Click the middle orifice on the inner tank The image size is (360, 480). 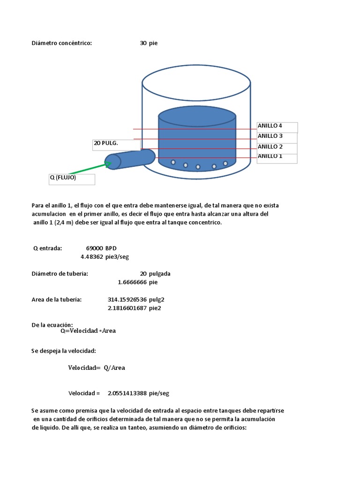tap(198, 167)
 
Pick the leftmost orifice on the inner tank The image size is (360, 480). tap(173, 162)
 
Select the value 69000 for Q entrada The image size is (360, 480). tap(95, 248)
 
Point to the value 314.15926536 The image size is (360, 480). tap(127, 300)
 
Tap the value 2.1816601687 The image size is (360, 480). tap(127, 308)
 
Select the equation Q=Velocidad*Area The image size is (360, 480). tap(88, 330)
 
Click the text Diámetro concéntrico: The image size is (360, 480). tap(62, 43)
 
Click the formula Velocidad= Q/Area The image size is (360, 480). tap(97, 368)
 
